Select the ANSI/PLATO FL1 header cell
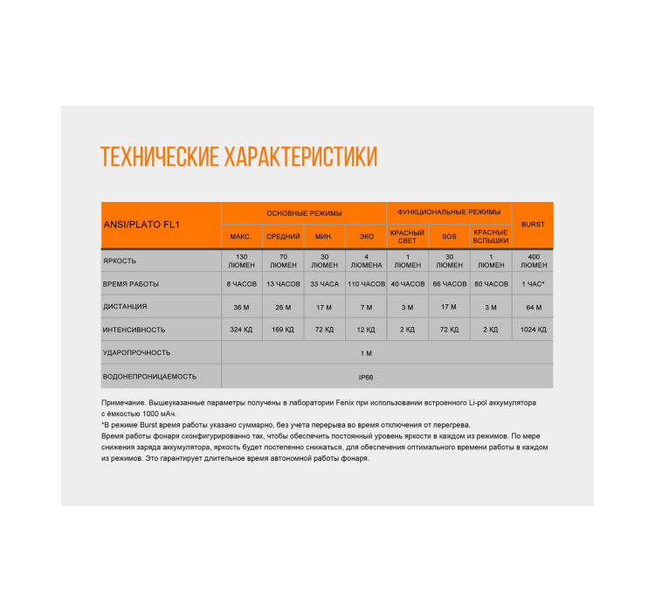[x=141, y=225]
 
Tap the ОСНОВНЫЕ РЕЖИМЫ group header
[x=304, y=212]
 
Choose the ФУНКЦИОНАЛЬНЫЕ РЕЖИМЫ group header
[x=449, y=212]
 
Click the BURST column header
[x=533, y=225]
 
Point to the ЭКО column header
[x=366, y=237]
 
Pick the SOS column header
[x=449, y=237]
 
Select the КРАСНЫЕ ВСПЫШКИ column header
[x=491, y=237]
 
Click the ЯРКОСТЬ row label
[x=120, y=261]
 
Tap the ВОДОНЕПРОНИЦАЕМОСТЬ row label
[x=149, y=377]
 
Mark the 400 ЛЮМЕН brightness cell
[x=533, y=261]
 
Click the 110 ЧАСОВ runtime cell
[x=366, y=284]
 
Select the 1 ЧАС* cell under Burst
[x=533, y=284]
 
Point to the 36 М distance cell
[x=241, y=307]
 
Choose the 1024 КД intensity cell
[x=533, y=330]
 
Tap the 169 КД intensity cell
[x=283, y=330]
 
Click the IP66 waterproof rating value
[x=366, y=377]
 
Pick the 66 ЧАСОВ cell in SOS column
[x=449, y=284]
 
